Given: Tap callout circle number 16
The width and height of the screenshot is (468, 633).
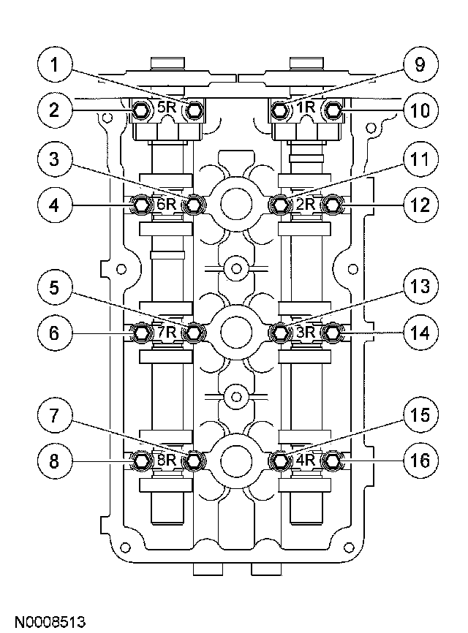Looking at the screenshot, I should tap(418, 460).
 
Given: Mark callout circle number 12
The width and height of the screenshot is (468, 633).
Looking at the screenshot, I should tap(418, 205).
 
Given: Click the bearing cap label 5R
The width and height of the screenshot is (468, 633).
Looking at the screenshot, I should tap(167, 108).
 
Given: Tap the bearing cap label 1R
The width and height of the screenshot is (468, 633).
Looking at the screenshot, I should tap(305, 108).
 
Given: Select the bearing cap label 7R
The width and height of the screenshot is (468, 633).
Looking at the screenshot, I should tap(167, 333).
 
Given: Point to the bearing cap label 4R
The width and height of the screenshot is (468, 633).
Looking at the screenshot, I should tap(305, 460).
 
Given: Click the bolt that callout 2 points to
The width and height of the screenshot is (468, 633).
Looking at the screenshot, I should tap(141, 110).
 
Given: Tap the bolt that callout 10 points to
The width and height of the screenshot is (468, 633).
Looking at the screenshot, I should tap(333, 110).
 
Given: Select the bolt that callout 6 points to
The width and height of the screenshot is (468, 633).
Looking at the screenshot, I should tap(141, 333).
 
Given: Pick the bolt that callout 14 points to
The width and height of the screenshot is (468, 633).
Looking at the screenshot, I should tap(333, 333).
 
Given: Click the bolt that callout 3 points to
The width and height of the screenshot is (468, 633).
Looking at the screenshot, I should tap(194, 205).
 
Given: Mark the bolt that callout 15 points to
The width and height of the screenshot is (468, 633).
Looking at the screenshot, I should tap(279, 460).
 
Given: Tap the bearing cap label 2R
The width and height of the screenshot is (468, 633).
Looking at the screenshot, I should tap(305, 205).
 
